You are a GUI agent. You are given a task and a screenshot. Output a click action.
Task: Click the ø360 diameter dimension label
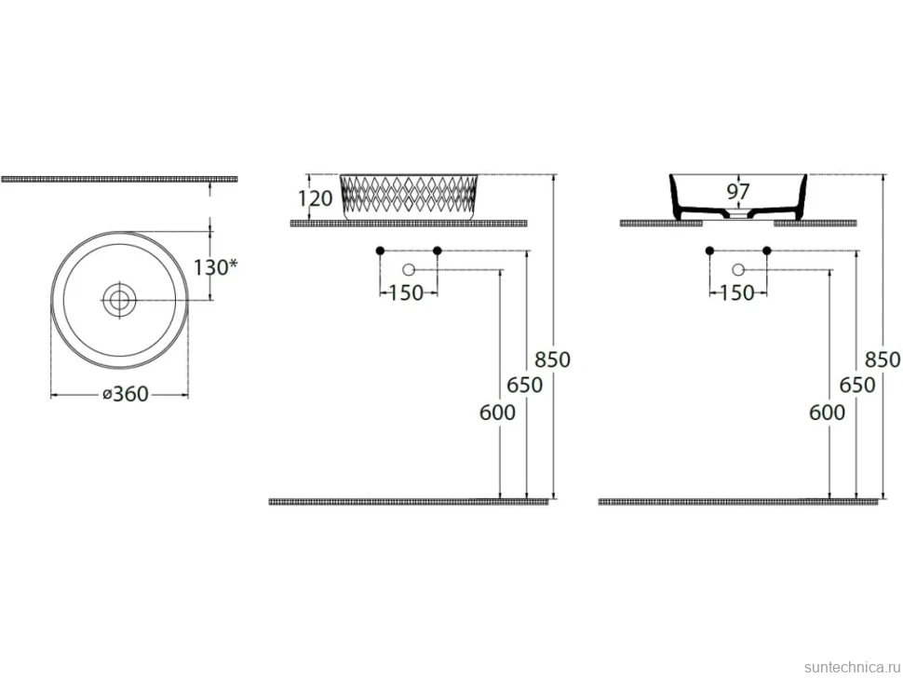(x=126, y=394)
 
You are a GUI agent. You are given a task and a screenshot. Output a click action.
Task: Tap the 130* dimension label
(x=215, y=267)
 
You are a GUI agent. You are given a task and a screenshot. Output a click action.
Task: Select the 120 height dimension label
(x=315, y=198)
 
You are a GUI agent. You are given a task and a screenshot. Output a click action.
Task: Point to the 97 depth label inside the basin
(x=737, y=191)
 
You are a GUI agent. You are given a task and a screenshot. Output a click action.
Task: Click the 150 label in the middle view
(x=406, y=292)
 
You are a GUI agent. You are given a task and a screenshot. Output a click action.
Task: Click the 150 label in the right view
(x=736, y=292)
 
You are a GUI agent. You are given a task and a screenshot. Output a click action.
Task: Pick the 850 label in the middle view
(x=552, y=359)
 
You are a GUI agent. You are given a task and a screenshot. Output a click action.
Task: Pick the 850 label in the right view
(x=883, y=359)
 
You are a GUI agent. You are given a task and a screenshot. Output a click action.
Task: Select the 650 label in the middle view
(x=525, y=385)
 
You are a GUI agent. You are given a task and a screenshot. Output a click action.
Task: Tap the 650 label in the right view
(x=857, y=385)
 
